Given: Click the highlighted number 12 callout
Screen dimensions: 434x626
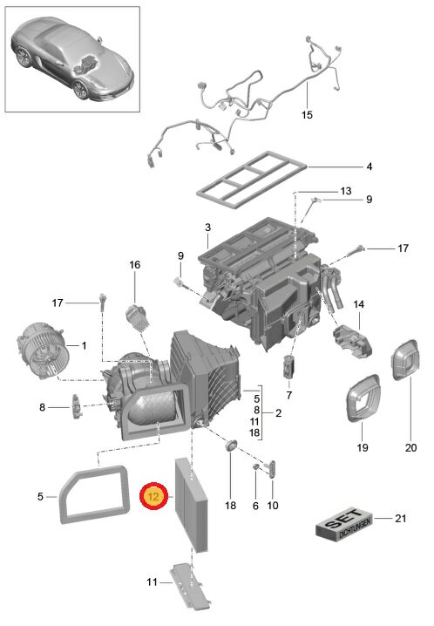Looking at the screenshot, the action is tap(153, 496).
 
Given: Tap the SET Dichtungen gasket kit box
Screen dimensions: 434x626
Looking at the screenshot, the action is tap(344, 524).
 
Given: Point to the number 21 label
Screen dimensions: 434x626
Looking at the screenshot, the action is tap(401, 518).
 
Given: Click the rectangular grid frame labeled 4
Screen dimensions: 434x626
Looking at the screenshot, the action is tap(252, 180).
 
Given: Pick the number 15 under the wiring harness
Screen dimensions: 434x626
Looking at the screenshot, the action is tap(307, 115).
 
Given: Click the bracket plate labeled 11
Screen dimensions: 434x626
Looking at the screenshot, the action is tap(190, 586).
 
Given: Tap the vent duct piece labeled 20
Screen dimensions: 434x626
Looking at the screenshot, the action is tap(404, 360).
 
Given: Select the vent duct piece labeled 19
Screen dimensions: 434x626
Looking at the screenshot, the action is tap(363, 398).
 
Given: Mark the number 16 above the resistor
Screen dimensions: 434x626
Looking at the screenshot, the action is tap(135, 265).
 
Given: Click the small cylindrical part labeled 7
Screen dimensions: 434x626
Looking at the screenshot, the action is tap(288, 366).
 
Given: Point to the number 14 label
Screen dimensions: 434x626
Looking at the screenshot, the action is tap(358, 304).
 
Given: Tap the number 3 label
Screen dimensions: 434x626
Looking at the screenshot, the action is tap(207, 228).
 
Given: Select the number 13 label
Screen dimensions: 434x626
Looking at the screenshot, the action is tap(346, 191).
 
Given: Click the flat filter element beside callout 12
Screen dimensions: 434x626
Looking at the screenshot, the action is tap(192, 506).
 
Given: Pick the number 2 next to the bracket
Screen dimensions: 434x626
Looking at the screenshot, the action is tap(278, 413).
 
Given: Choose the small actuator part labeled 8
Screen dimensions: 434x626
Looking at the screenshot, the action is tap(77, 406).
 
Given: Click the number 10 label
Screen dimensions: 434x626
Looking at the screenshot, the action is tap(273, 506).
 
